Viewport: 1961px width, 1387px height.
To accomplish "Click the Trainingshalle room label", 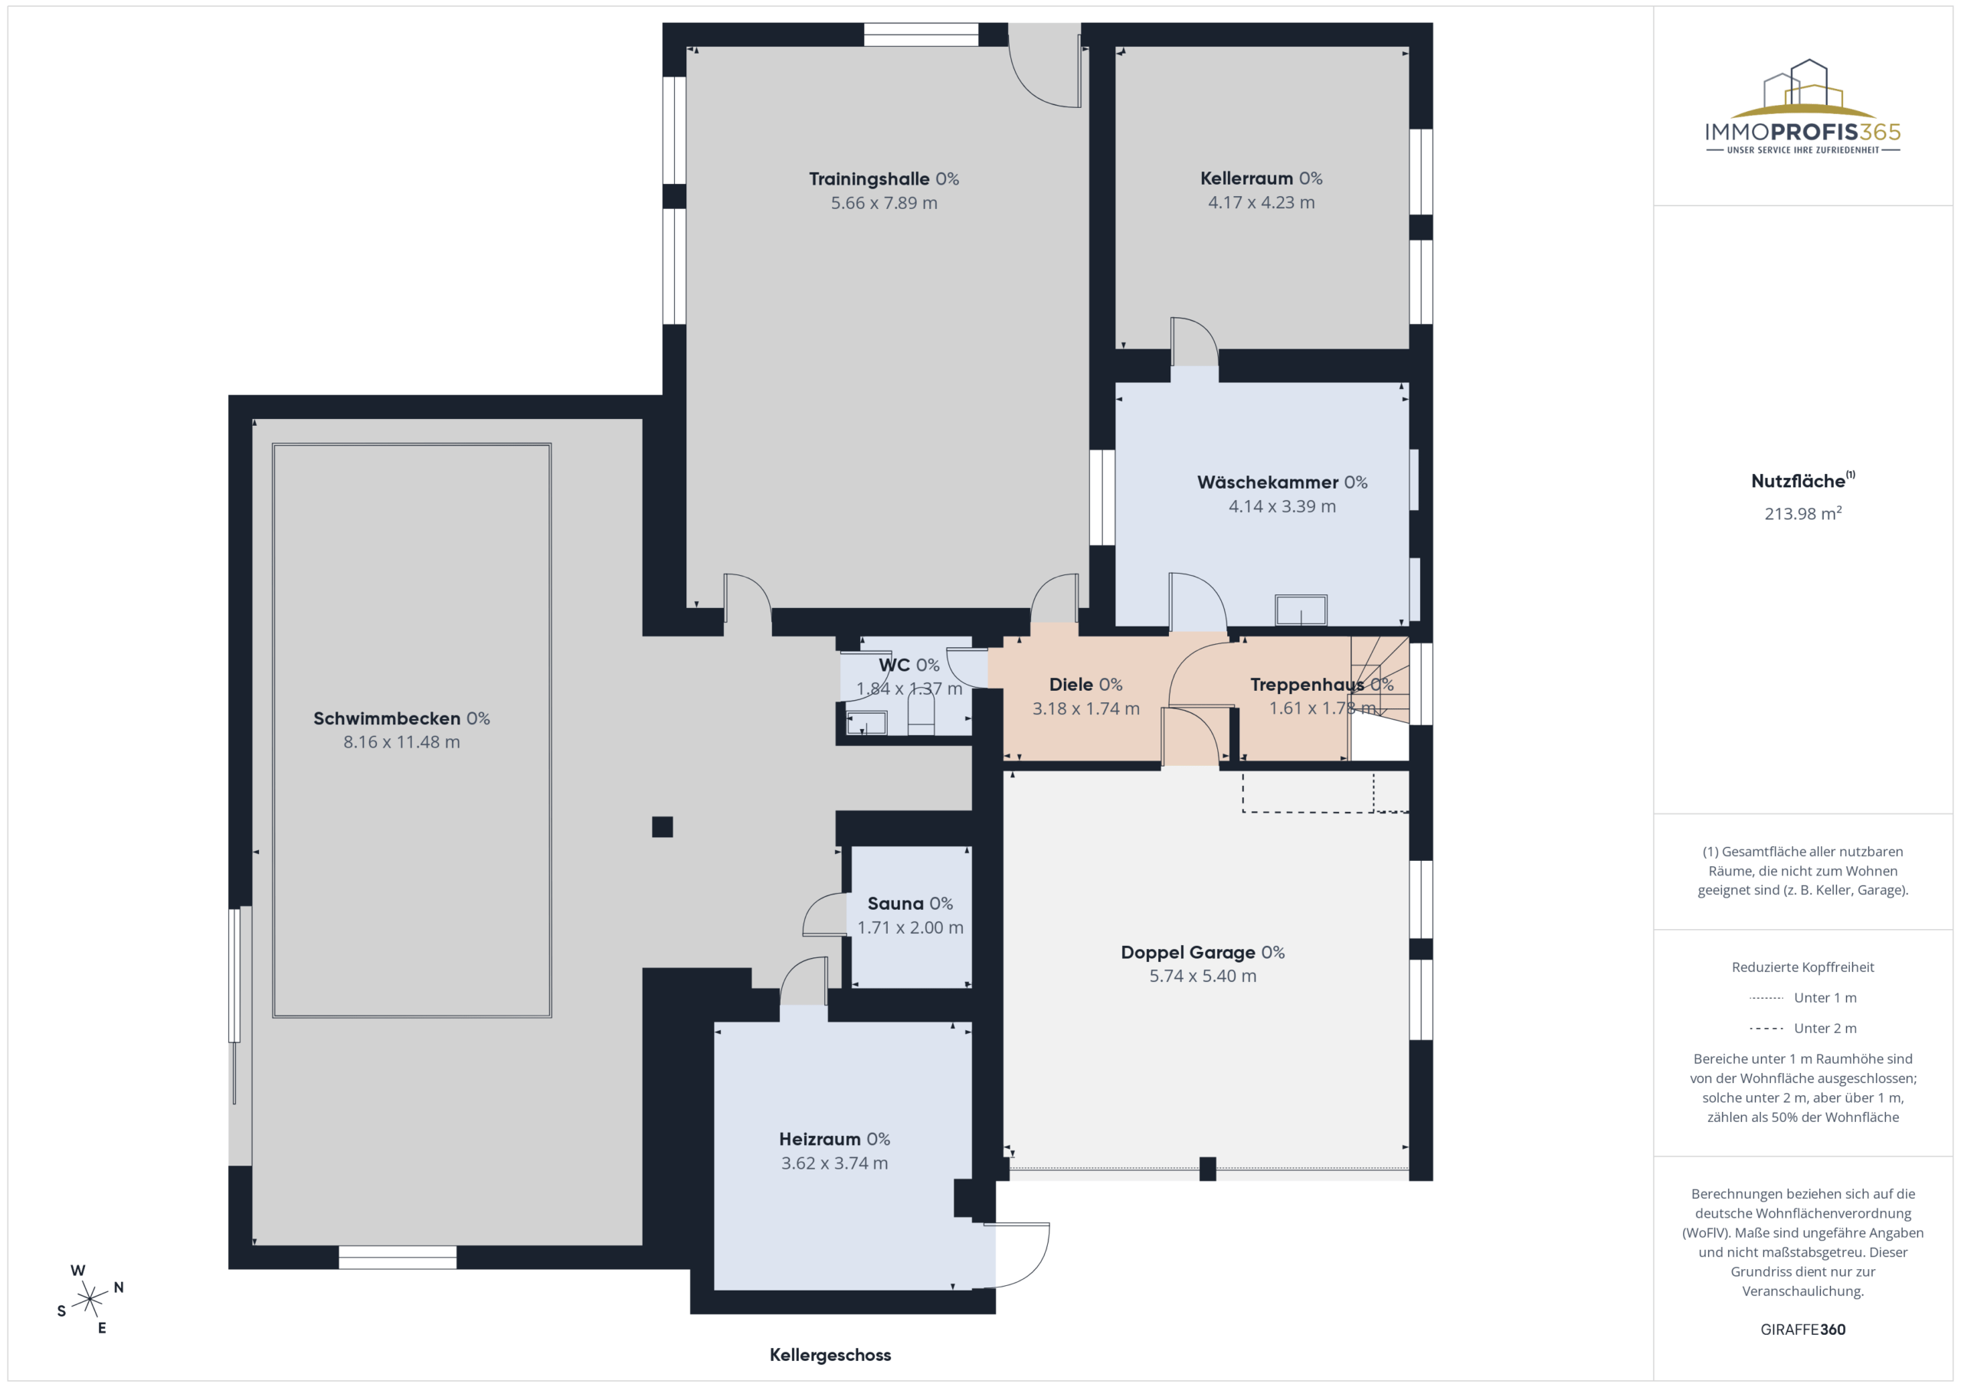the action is pos(884,179).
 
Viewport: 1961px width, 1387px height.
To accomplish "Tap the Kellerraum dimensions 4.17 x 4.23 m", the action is pos(1262,202).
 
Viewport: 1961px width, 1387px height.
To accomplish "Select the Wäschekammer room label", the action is pos(1282,483).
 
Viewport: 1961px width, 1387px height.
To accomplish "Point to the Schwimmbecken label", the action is pos(401,718).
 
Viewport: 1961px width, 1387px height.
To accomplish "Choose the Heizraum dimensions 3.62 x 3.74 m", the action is pos(834,1163).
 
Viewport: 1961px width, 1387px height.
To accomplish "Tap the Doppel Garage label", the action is pos(1203,952).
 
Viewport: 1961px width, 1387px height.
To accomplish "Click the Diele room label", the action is pos(1085,685).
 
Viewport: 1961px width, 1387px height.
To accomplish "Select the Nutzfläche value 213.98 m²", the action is pos(1803,513).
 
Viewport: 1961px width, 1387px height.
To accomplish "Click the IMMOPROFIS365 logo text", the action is pos(1803,132).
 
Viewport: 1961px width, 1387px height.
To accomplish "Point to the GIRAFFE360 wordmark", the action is pos(1803,1330).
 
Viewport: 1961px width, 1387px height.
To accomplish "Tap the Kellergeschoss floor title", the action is pos(830,1355).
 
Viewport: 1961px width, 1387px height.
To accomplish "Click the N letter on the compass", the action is pos(119,1287).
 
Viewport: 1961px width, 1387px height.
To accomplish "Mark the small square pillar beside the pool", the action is pos(662,826).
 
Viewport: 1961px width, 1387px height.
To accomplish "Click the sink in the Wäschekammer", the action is pos(1301,610).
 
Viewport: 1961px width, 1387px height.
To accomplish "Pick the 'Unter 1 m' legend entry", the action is pos(1802,997).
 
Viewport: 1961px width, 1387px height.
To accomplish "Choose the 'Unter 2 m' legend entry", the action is pos(1802,1029).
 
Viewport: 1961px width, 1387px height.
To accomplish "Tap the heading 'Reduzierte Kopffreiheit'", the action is pos(1803,967).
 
